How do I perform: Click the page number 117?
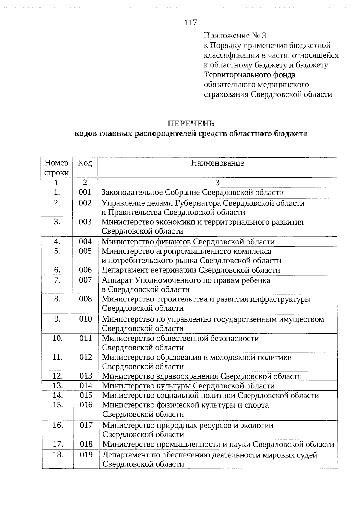pyautogui.click(x=191, y=22)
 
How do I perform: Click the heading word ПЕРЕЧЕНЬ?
pyautogui.click(x=191, y=124)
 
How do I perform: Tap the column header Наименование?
pyautogui.click(x=217, y=163)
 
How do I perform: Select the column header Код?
pyautogui.click(x=85, y=163)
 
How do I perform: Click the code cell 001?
pyautogui.click(x=85, y=192)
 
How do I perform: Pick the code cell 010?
pyautogui.click(x=85, y=319)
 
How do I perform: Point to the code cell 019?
pyautogui.click(x=86, y=455)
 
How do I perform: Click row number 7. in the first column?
pyautogui.click(x=57, y=280)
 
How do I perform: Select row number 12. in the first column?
pyautogui.click(x=58, y=376)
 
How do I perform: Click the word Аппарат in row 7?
pyautogui.click(x=117, y=280)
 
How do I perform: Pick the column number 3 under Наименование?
pyautogui.click(x=217, y=183)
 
